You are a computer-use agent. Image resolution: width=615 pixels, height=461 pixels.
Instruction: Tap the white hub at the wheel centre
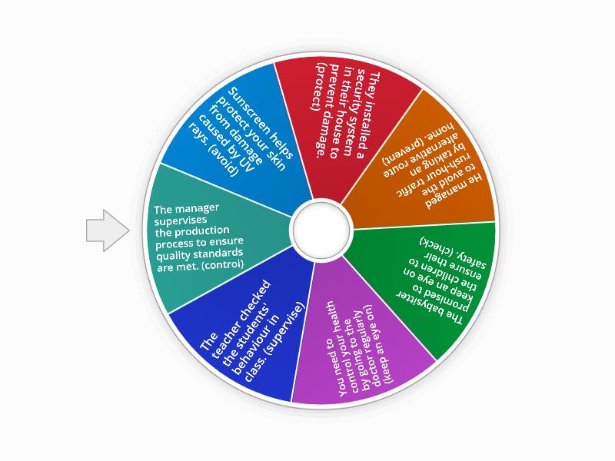[x=321, y=230]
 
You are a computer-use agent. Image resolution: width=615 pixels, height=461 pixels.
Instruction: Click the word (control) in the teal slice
[x=224, y=264]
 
